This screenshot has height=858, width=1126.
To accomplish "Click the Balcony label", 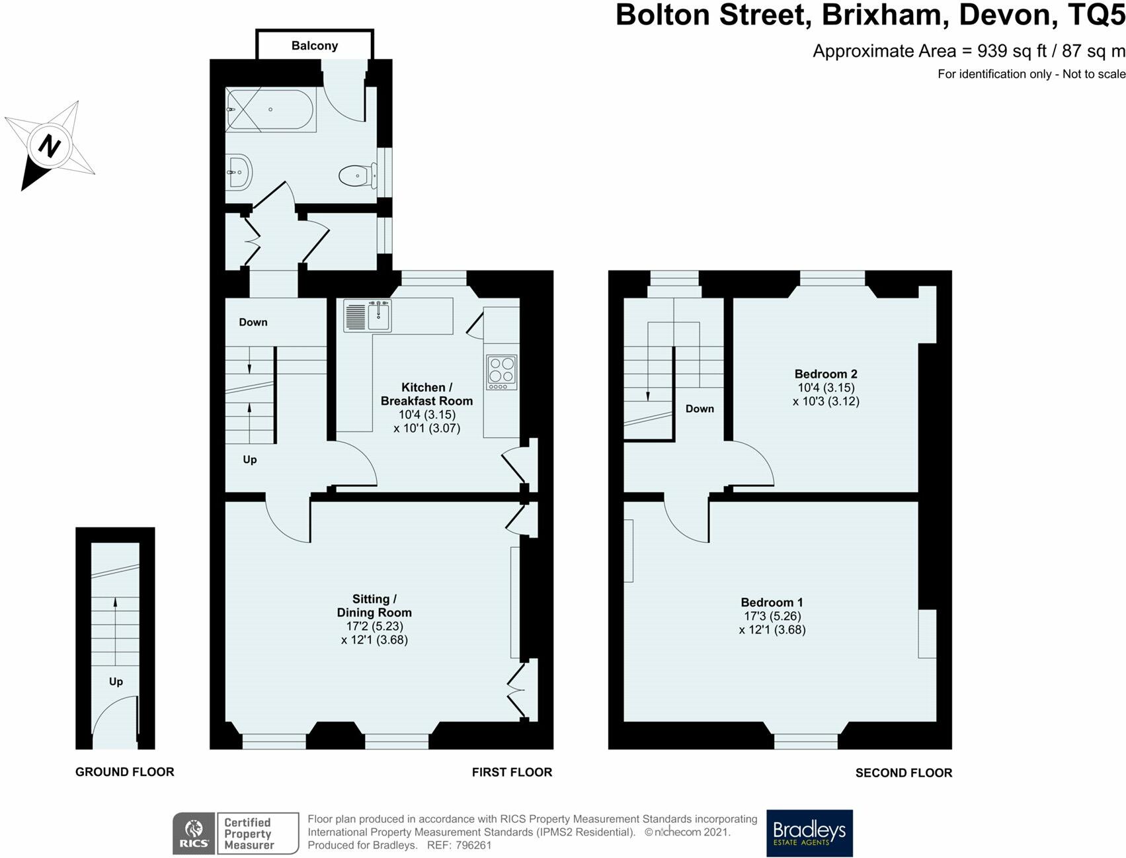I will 315,46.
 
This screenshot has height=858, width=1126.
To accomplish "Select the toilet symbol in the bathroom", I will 354,176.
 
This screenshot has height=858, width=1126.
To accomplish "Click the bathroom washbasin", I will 239,173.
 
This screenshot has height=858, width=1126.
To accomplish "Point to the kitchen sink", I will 379,316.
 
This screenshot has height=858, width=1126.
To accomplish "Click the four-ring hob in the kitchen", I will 501,372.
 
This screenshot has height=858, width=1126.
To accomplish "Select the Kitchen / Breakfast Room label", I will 426,394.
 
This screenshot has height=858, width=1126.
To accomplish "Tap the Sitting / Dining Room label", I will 374,605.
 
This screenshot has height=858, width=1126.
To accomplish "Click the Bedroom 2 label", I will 826,374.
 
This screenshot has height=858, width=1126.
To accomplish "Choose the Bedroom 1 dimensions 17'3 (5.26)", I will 772,616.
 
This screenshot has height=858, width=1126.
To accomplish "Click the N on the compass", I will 49,146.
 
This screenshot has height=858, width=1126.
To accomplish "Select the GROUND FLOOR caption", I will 124,772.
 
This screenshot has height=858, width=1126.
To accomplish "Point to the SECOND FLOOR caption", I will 903,773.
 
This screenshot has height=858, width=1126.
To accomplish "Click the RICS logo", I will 194,833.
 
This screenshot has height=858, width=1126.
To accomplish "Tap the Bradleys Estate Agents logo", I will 809,833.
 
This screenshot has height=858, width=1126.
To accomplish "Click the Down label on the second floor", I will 700,409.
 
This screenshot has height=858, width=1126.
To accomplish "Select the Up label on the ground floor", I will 116,681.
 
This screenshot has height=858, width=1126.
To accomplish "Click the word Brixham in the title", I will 885,15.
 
